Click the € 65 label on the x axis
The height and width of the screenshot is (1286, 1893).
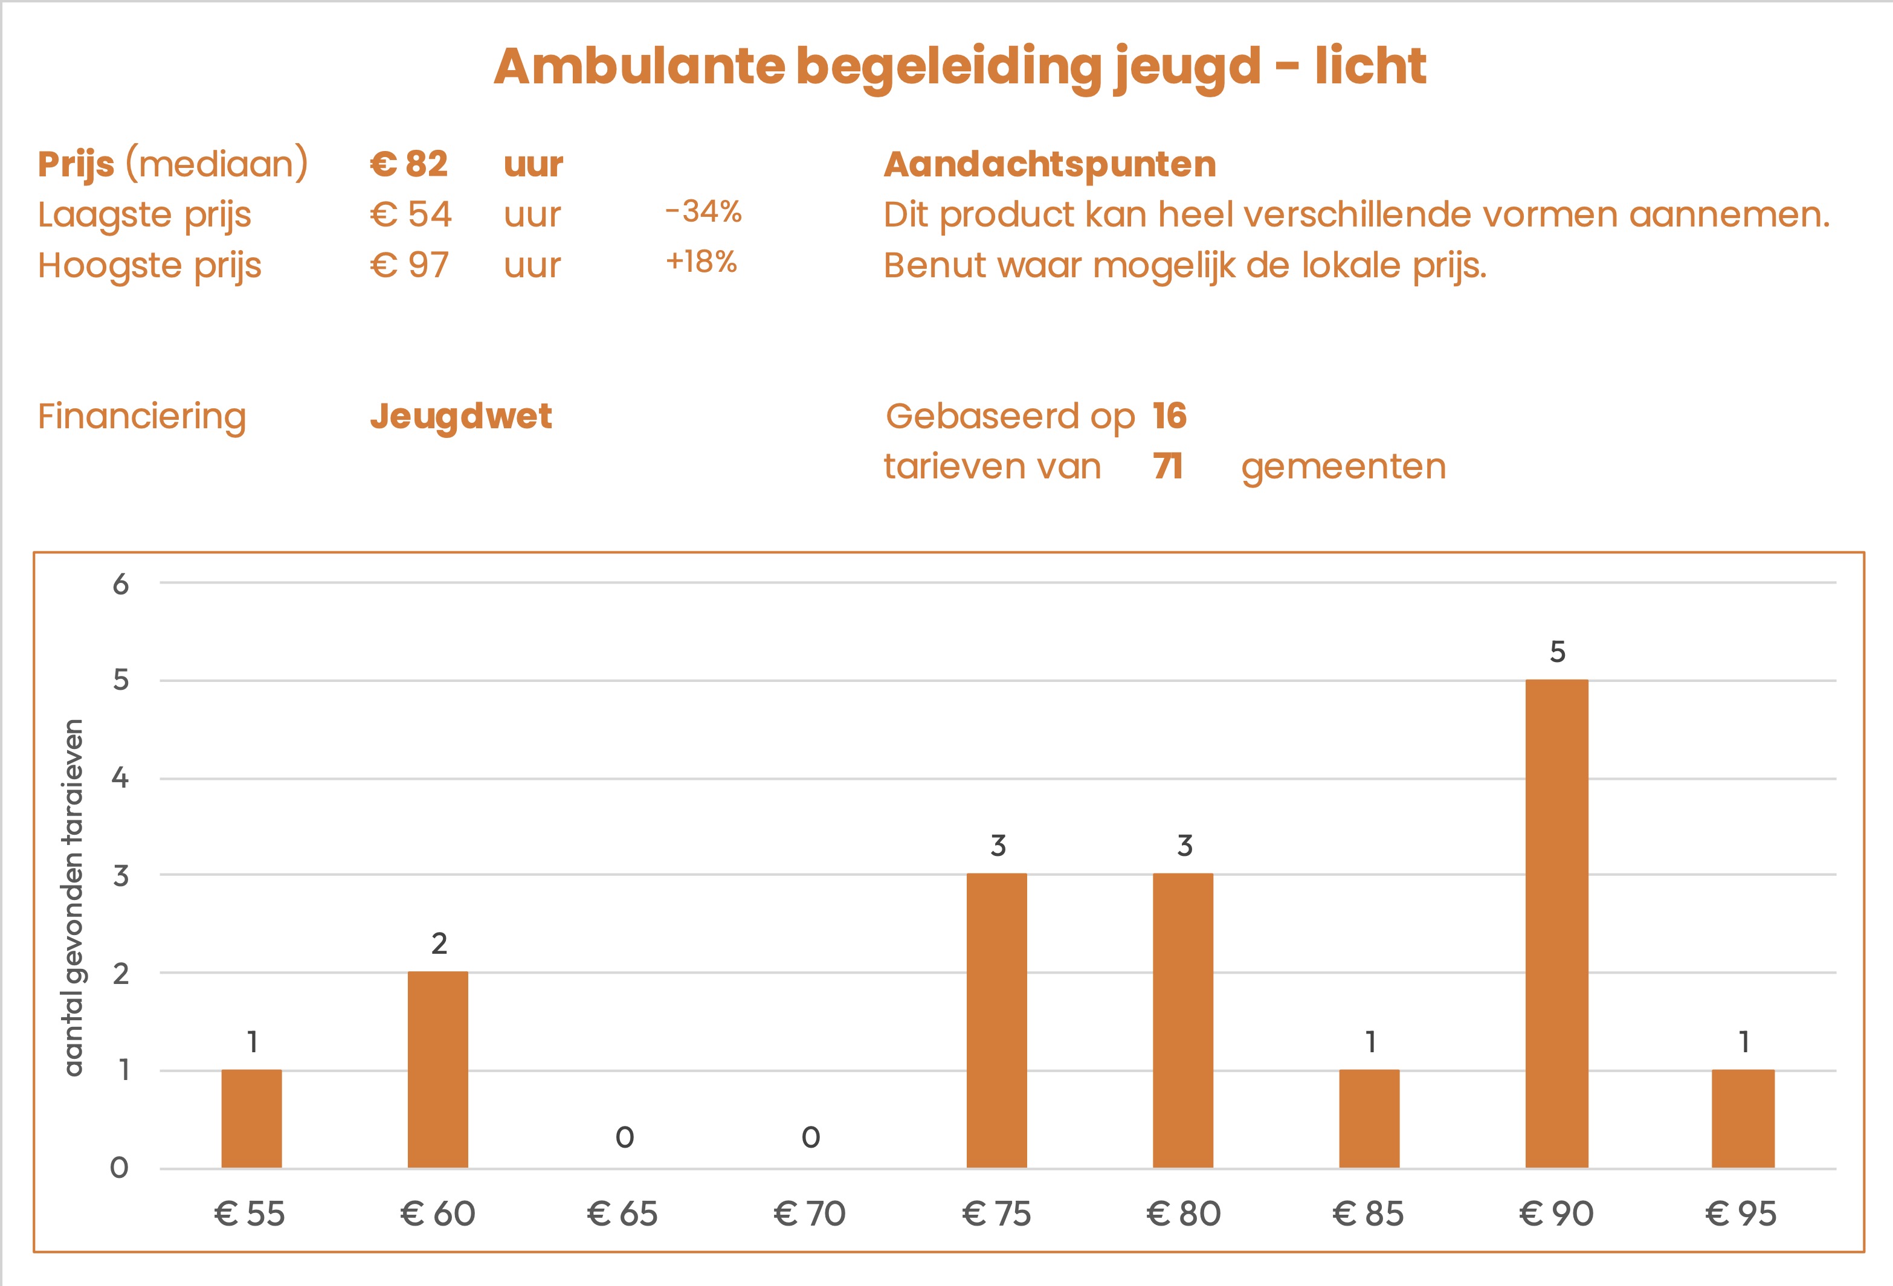[x=622, y=1214]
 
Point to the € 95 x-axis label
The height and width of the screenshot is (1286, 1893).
[x=1741, y=1214]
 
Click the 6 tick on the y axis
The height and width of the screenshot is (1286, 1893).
[x=121, y=584]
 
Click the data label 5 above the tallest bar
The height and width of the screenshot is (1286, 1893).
[x=1556, y=652]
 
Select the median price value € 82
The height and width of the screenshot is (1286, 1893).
[x=409, y=164]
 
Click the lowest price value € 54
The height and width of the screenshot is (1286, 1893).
[x=410, y=215]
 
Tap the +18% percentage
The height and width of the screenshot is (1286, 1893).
[x=701, y=262]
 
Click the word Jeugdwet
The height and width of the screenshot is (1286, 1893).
[x=461, y=416]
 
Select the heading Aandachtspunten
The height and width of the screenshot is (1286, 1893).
[x=1050, y=164]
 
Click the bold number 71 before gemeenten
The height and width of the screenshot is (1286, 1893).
[x=1168, y=467]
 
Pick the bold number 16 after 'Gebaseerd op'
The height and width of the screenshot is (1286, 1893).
[x=1170, y=416]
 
